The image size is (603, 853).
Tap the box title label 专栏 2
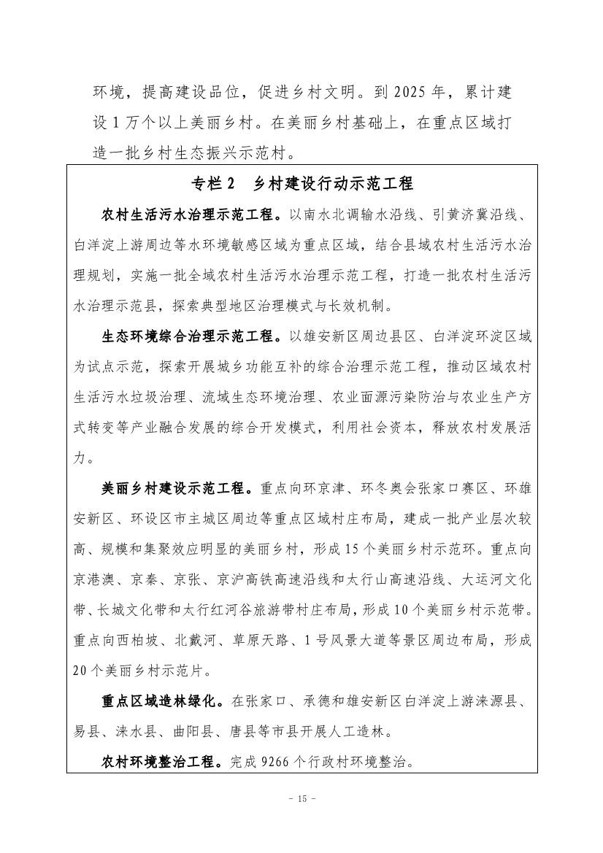214,183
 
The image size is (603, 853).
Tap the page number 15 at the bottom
301,819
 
